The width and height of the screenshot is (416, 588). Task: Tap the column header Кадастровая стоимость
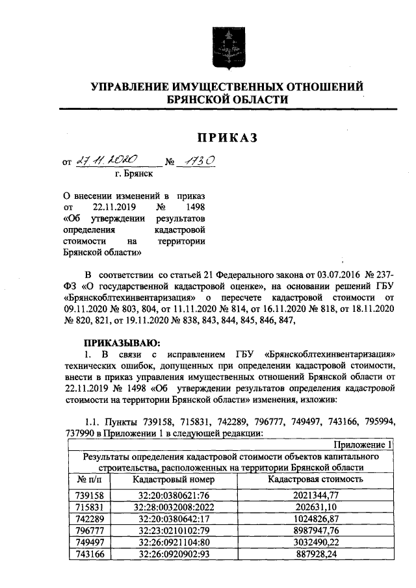316,479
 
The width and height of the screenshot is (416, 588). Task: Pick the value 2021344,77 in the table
316,494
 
